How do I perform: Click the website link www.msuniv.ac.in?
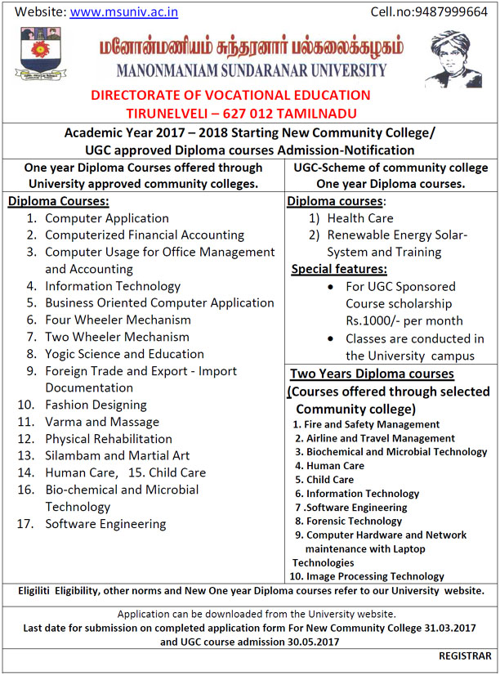(x=124, y=12)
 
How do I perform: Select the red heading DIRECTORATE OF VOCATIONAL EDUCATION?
(x=230, y=96)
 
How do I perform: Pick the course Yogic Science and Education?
(x=124, y=354)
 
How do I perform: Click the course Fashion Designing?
(x=96, y=405)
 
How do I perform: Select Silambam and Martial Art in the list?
(x=117, y=455)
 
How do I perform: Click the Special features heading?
(x=339, y=269)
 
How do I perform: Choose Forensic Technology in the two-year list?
(x=354, y=521)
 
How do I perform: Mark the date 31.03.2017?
(x=449, y=628)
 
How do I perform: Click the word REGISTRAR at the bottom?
(x=465, y=656)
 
